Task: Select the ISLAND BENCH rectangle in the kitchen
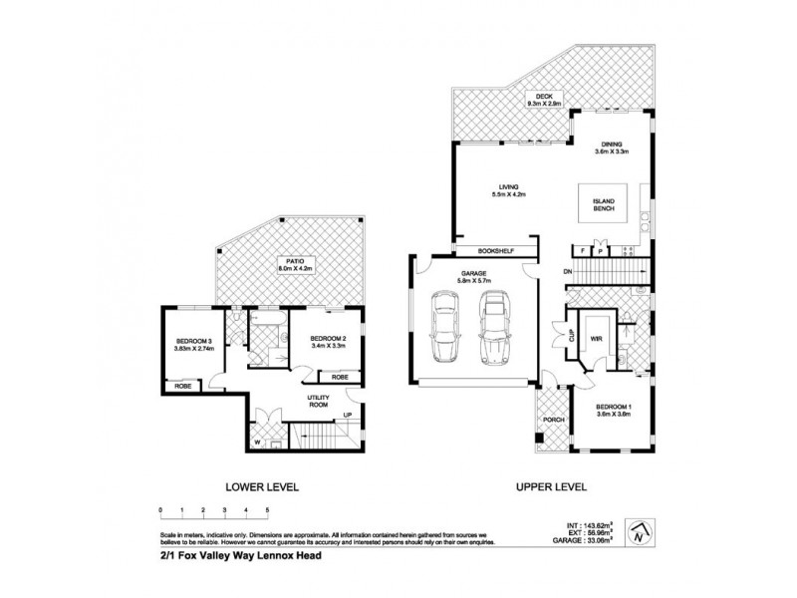click(606, 206)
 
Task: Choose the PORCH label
click(554, 420)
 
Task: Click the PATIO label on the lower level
click(290, 263)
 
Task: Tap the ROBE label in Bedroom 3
click(182, 386)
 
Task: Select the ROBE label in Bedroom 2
click(339, 376)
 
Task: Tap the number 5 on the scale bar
click(266, 509)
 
